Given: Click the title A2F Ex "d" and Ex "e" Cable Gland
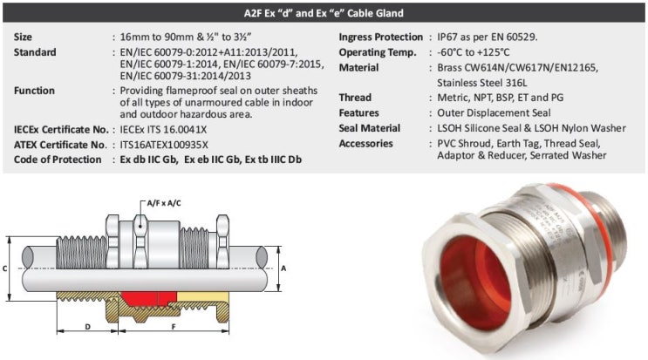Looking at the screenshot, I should (323, 13).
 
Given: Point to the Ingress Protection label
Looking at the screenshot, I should (381, 37).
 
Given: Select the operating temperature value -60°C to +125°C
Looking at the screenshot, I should (478, 52).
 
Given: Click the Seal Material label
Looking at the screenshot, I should (370, 128).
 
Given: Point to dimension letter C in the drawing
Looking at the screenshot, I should (7, 269).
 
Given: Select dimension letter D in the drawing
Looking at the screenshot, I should (88, 326).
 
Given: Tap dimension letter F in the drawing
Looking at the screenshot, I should (174, 326).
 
